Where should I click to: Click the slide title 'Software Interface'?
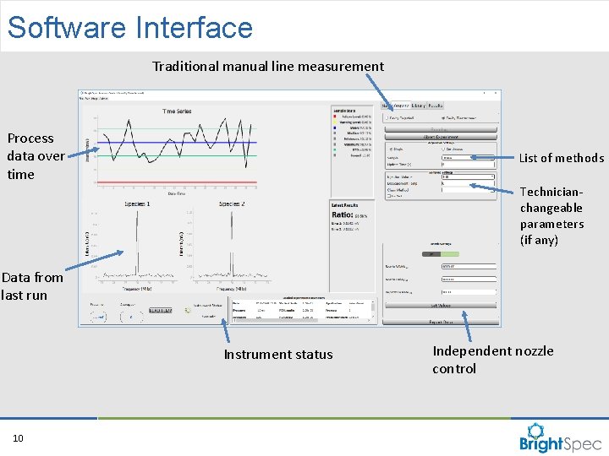[130, 27]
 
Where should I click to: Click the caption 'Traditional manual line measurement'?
[268, 66]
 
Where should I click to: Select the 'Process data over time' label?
[35, 156]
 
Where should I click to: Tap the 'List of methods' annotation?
[561, 158]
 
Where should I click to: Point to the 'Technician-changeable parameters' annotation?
[551, 216]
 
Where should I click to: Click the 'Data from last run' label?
[32, 286]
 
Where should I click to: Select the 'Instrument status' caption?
[278, 355]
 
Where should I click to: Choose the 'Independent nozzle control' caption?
[493, 360]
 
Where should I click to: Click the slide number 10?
[18, 437]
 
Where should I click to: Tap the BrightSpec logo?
[561, 437]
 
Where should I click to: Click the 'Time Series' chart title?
[177, 111]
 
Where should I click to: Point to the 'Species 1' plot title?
[137, 204]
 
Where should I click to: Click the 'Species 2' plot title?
[232, 204]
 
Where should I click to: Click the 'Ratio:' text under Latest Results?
[343, 215]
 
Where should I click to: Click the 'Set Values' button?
[440, 305]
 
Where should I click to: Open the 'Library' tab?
[418, 106]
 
